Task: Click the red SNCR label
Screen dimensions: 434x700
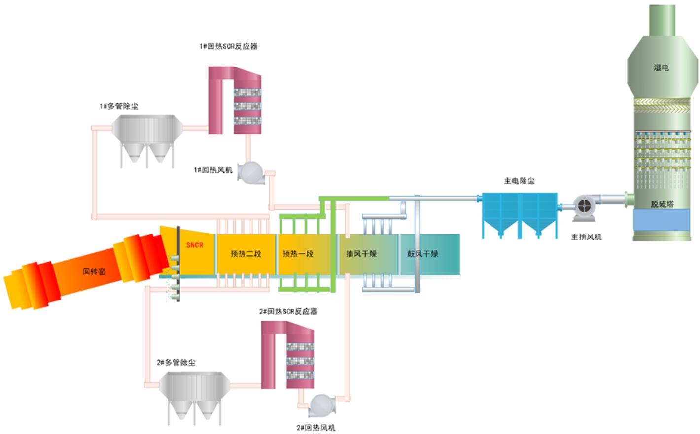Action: coord(194,245)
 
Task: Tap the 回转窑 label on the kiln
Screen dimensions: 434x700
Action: coord(94,271)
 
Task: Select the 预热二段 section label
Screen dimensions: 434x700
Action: coord(245,254)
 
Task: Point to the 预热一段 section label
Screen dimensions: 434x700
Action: coord(298,254)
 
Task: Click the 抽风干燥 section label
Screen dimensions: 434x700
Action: coord(361,254)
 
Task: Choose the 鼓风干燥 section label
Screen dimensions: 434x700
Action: coord(422,254)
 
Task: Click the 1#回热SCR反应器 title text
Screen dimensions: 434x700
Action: coord(228,46)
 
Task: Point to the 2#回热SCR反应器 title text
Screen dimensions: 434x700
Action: coord(288,311)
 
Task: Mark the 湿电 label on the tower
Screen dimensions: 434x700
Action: coord(661,67)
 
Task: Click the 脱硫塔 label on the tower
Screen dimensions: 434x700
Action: coord(662,204)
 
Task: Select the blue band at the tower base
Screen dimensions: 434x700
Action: coord(662,219)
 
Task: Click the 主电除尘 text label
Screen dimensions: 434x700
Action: coord(519,181)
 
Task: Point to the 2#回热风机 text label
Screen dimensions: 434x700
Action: coord(316,428)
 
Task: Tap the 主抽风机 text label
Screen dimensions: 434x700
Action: coord(586,237)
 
